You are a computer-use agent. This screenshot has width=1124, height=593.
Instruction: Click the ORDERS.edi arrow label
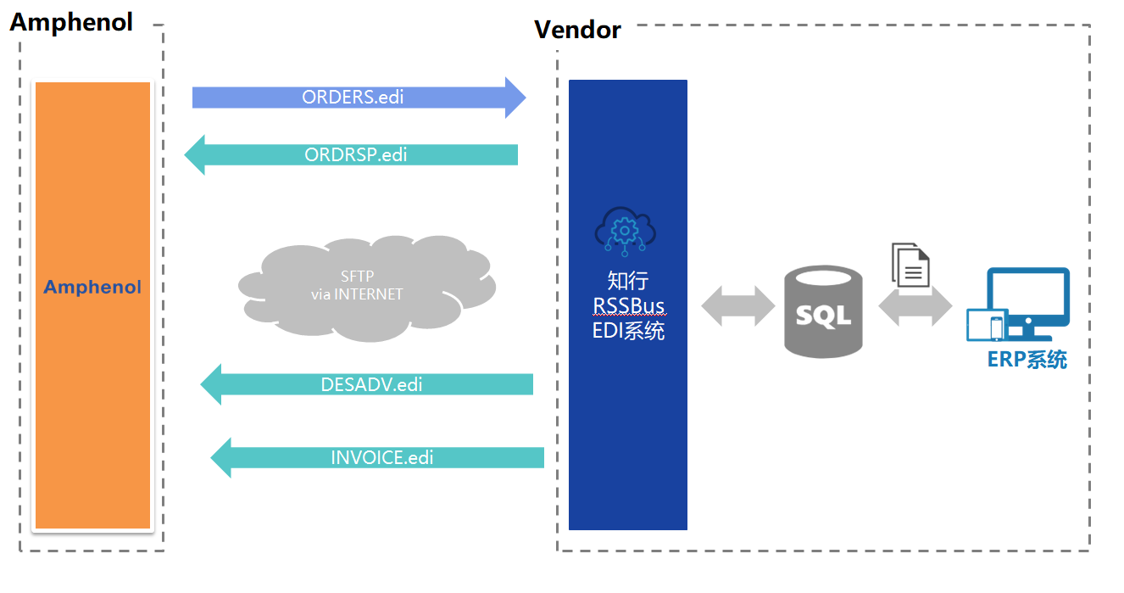coord(353,98)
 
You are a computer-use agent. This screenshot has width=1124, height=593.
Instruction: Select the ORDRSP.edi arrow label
coord(355,155)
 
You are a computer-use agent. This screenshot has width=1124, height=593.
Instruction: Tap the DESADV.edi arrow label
coord(371,384)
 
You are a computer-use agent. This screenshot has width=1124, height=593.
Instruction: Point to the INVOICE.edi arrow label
coord(381,458)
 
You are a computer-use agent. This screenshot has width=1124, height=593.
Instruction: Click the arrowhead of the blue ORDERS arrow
coord(515,98)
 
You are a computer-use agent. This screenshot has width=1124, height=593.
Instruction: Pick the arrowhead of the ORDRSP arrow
coord(196,155)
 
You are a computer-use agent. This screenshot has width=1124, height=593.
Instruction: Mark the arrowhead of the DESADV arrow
coord(212,384)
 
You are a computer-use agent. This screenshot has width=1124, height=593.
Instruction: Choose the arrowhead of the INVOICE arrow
coord(222,458)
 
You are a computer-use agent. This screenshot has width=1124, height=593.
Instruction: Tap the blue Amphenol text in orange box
coord(92,288)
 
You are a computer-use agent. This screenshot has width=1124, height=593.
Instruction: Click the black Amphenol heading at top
coord(71,22)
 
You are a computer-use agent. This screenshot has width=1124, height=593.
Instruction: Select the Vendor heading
coord(577,31)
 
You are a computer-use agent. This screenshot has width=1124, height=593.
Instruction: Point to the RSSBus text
coord(628,305)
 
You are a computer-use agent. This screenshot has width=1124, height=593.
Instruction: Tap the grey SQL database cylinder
coord(823,311)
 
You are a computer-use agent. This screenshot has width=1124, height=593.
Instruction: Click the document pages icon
coord(910,265)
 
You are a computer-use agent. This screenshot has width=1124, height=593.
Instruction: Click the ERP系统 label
coord(1027,360)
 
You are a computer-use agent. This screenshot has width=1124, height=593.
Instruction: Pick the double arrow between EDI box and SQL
coord(737,305)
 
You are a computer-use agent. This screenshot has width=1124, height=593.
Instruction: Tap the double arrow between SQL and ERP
coord(915,306)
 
